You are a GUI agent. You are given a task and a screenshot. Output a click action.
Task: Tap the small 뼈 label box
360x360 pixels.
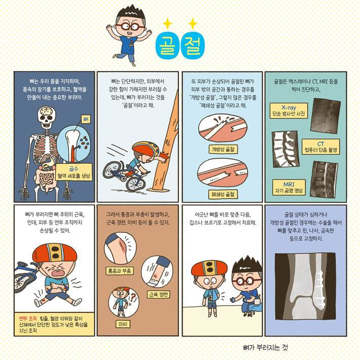pyautogui.click(x=85, y=120)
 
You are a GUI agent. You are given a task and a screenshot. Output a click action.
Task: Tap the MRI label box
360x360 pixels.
pyautogui.click(x=287, y=185)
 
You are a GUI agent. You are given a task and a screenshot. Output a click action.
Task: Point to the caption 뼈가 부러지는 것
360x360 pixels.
pyautogui.click(x=265, y=347)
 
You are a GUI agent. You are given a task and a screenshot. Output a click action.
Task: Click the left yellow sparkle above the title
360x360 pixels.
pyautogui.click(x=167, y=22)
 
